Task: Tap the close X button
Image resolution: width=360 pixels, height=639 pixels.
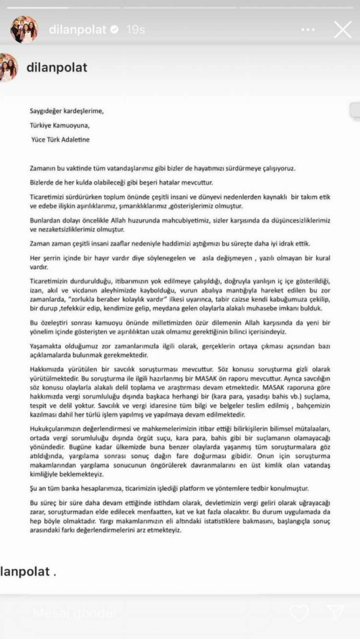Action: [343, 30]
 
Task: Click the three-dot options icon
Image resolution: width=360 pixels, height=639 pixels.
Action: [308, 30]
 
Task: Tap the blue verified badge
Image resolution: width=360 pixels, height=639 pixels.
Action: [115, 29]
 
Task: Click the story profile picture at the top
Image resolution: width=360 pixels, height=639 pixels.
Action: [24, 29]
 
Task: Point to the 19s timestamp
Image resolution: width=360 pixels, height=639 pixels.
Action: [136, 29]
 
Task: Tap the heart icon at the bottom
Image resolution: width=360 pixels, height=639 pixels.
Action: [299, 614]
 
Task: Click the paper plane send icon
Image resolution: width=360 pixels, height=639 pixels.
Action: [335, 614]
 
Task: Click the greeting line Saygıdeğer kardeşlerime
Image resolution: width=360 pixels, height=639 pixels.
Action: [67, 110]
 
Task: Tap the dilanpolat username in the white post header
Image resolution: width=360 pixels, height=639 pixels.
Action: [57, 67]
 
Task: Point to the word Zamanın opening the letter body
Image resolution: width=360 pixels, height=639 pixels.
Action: [45, 169]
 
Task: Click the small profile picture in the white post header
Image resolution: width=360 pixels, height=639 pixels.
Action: [7, 67]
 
